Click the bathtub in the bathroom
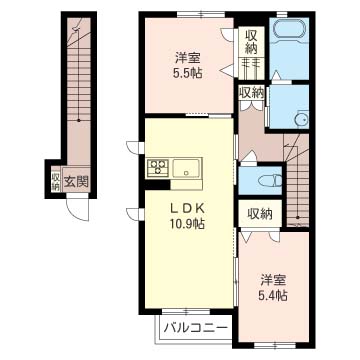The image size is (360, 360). click(x=289, y=32)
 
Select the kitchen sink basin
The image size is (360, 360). click(x=186, y=169)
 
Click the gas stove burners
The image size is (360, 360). click(x=158, y=166)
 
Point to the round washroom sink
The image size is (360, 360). click(x=302, y=119)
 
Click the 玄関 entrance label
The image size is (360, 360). click(x=76, y=182)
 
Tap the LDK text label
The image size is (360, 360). click(x=187, y=208)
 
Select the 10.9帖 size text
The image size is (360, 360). click(x=187, y=224)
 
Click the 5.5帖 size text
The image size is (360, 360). click(x=188, y=72)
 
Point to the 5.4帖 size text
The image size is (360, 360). click(x=273, y=295)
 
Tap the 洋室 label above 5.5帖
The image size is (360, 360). click(x=188, y=58)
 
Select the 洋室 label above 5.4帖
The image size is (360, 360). click(x=273, y=281)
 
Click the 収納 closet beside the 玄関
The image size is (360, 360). click(x=55, y=182)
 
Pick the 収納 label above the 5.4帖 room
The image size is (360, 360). click(x=260, y=214)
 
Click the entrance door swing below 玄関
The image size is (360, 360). click(x=77, y=209)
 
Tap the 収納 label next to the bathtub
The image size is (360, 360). click(x=251, y=42)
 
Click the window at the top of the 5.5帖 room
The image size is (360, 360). click(x=201, y=14)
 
